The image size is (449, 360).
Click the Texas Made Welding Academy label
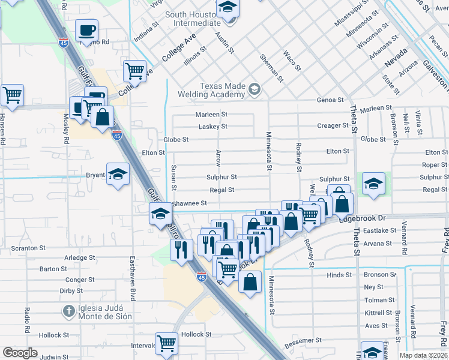pos(223,90)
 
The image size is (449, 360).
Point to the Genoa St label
pos(331,100)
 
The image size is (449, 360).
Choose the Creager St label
pos(333,125)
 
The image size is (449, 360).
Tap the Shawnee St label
pos(190,203)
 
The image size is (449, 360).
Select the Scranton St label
pos(29,248)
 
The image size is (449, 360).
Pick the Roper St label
pos(435,165)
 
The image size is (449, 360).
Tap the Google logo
pos(20,353)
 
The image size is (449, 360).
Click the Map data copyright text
pos(423,355)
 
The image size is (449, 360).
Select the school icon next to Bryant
pos(118,174)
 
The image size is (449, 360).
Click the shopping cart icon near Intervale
pos(166,343)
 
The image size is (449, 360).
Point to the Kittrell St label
pos(378,313)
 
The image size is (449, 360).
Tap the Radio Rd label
pos(27,321)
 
